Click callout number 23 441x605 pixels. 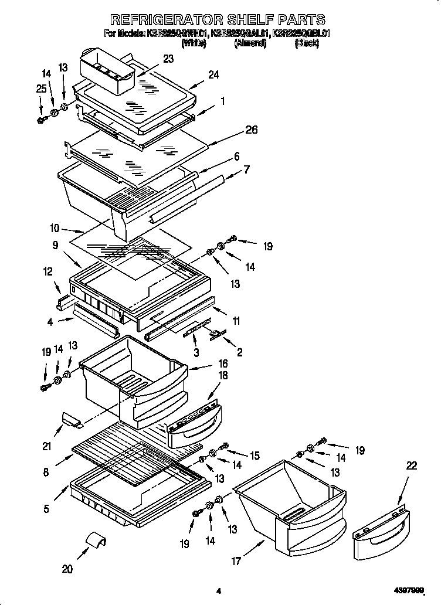168,59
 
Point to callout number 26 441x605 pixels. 251,130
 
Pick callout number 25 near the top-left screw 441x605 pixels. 40,89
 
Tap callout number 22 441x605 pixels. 412,465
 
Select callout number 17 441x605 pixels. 237,561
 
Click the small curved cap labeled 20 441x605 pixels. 94,541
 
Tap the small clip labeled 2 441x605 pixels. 216,334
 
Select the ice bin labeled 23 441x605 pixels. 108,72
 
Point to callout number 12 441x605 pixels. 48,271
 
